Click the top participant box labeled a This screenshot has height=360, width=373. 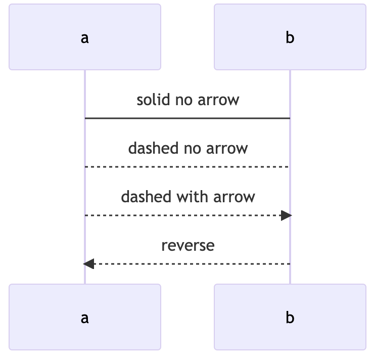tap(85, 37)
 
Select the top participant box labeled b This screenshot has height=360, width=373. tap(290, 37)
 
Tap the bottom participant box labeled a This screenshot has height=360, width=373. tap(85, 317)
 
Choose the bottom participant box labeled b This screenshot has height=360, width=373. tap(290, 317)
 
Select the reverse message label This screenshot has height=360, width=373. tap(188, 245)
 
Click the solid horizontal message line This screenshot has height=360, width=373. tap(187, 118)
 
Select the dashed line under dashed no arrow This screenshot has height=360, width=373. tap(187, 167)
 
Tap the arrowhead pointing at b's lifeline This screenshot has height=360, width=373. tap(287, 215)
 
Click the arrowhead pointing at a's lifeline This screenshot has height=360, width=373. tap(89, 264)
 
